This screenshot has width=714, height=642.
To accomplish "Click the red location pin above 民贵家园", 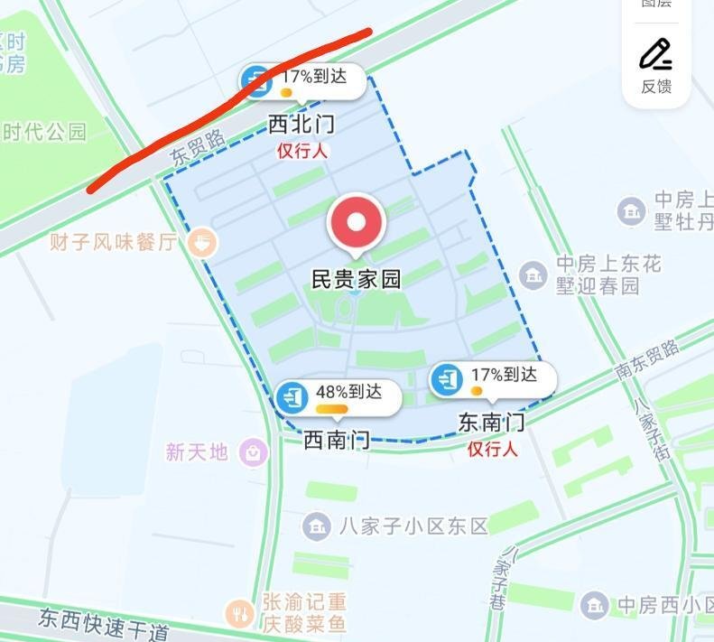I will (x=357, y=222).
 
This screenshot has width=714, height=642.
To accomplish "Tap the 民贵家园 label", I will (x=356, y=279).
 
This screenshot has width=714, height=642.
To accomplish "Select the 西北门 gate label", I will (x=302, y=126).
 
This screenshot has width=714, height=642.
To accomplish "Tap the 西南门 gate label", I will (x=336, y=440).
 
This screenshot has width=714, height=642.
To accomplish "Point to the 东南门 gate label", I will (x=491, y=422).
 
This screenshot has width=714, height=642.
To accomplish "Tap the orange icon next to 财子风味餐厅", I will (x=203, y=241).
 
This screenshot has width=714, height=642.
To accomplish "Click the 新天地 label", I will (x=197, y=451).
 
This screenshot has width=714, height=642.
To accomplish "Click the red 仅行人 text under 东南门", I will (x=492, y=449).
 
